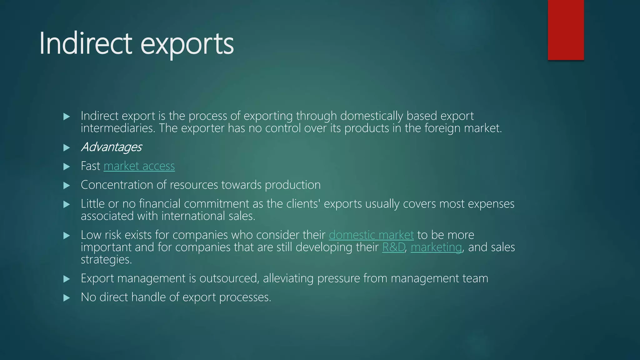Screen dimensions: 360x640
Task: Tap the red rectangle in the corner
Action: (x=566, y=30)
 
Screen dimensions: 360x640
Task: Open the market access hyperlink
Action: (x=139, y=166)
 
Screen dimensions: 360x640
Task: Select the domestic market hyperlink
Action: (x=371, y=235)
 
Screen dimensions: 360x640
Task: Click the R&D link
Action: (x=393, y=247)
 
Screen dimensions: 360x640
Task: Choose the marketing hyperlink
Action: (x=436, y=247)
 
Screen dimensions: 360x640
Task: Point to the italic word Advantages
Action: (x=111, y=147)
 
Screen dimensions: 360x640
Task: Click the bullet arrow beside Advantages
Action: (x=67, y=148)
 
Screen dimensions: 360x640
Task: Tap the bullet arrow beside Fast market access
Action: (x=67, y=167)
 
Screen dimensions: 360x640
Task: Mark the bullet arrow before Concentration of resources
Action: (x=67, y=186)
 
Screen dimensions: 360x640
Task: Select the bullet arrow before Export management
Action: (x=67, y=279)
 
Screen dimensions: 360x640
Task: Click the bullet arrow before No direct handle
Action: (x=67, y=298)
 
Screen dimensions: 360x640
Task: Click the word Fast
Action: (x=90, y=166)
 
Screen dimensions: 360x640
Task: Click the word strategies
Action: (x=106, y=259)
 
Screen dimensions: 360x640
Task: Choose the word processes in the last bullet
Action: (x=245, y=297)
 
